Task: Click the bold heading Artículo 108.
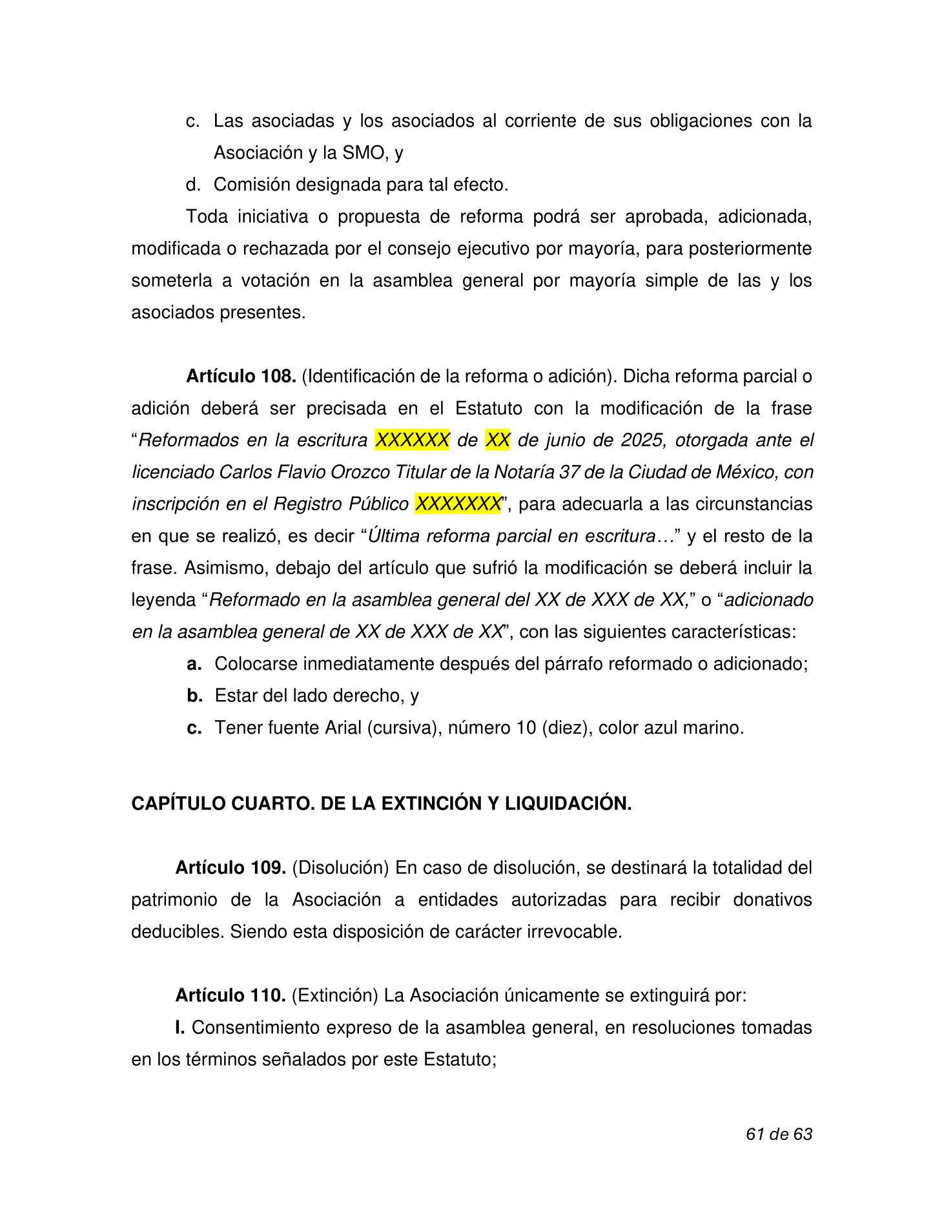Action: tap(241, 377)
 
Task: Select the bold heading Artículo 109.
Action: tap(231, 868)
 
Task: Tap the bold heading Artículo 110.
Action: tap(231, 996)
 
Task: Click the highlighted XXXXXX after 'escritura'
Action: tap(412, 440)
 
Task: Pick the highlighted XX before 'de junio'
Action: tap(497, 440)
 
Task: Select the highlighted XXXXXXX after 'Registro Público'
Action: tap(458, 504)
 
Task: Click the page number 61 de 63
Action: tap(779, 1134)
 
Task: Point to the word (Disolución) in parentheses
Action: tap(340, 868)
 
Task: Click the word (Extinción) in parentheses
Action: tap(334, 996)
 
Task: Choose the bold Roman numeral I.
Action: tap(180, 1028)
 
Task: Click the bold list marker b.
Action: tap(194, 696)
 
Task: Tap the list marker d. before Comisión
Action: tap(193, 185)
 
